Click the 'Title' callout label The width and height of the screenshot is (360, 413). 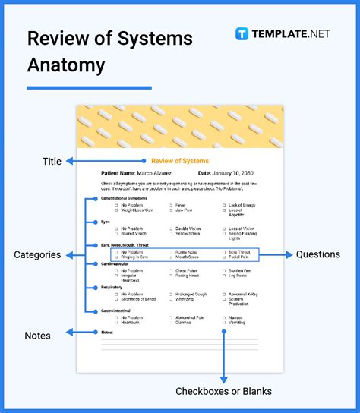[x=52, y=161]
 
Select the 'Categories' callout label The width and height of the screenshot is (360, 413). [x=37, y=255]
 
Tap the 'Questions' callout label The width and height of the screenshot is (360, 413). [x=319, y=255]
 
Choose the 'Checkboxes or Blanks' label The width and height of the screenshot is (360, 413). [x=223, y=391]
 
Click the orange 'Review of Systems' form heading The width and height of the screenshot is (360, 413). [x=180, y=161]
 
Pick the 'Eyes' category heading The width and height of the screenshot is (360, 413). [x=106, y=222]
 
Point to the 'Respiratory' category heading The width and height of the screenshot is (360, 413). [x=112, y=288]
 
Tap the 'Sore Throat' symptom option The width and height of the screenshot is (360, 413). [x=238, y=251]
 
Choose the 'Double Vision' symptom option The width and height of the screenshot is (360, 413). [x=188, y=229]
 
